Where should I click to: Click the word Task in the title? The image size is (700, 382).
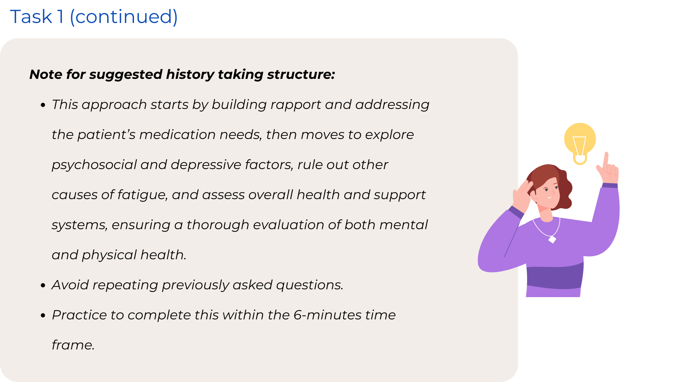(x=31, y=17)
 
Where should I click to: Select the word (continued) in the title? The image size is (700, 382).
(x=124, y=17)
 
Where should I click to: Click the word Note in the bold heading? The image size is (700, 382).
(x=46, y=74)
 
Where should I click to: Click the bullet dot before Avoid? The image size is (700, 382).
(x=43, y=285)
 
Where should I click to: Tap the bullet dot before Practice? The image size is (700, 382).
(x=43, y=315)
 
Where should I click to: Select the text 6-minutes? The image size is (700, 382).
(x=327, y=315)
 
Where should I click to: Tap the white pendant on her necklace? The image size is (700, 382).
(x=552, y=239)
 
